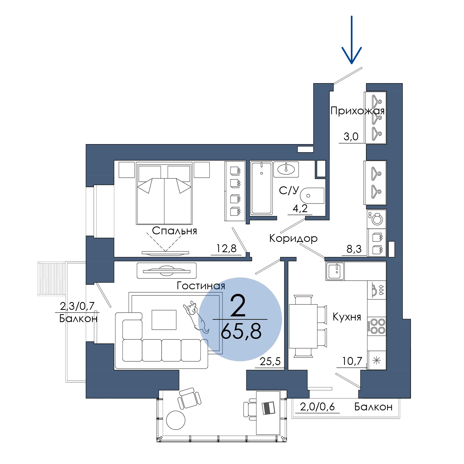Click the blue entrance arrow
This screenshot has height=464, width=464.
(351, 40)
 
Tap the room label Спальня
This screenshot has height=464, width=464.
(174, 231)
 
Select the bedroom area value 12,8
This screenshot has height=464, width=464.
(226, 248)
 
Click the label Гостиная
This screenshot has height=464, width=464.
(201, 285)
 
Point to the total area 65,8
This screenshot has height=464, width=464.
(241, 331)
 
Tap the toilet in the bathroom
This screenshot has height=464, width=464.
(312, 196)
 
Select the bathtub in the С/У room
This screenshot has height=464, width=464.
(261, 188)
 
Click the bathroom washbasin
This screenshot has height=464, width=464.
(286, 170)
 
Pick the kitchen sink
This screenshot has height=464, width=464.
(335, 271)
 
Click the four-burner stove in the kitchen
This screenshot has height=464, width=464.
(377, 326)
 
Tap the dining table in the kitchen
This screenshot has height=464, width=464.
(303, 326)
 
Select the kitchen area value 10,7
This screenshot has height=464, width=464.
(352, 361)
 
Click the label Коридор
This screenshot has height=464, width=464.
(293, 238)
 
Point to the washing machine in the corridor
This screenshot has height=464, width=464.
(377, 219)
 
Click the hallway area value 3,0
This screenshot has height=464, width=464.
(351, 137)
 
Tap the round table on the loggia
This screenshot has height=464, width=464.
(176, 420)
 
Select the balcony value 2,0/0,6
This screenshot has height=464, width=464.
(317, 407)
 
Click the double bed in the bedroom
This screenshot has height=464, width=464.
(164, 193)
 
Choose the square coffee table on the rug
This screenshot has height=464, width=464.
(164, 320)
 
